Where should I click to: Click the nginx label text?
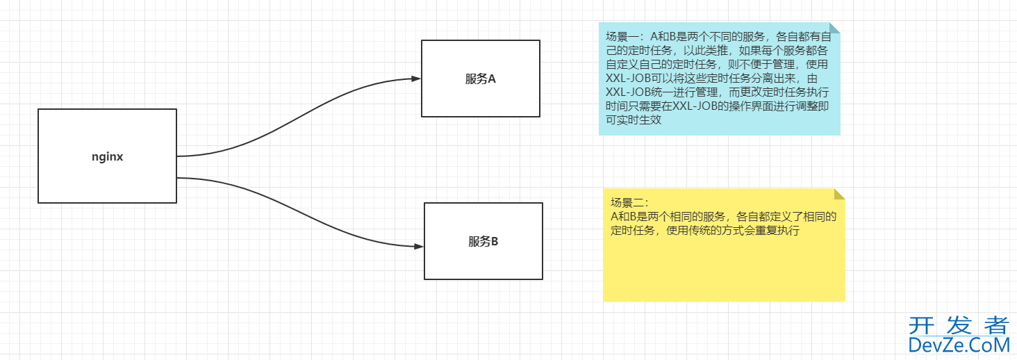107,156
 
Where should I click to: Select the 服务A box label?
480,79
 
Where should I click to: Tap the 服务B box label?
483,242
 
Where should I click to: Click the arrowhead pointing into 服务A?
416,79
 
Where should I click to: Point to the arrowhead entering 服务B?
419,246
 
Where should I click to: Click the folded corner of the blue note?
834,28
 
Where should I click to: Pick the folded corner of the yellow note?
839,194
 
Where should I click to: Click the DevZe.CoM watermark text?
958,343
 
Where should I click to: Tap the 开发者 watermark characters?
958,325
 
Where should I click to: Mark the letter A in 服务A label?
492,79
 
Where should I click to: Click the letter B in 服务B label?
495,242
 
